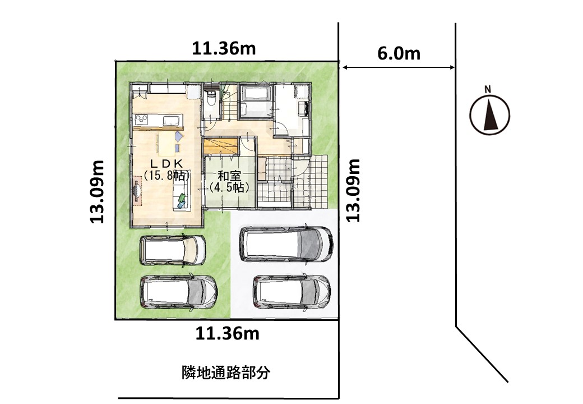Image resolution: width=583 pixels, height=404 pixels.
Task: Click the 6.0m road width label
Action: point(399,53)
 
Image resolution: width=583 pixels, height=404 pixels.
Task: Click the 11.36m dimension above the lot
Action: point(224,49)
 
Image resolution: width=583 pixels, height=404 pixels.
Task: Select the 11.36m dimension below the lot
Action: point(227,334)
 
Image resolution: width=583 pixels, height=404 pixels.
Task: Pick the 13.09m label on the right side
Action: point(353,190)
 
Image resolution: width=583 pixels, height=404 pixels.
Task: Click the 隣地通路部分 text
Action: point(226,373)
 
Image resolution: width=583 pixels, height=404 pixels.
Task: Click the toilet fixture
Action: point(211,99)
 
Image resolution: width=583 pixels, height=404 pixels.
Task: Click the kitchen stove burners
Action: point(141,120)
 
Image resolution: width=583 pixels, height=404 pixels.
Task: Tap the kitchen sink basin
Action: point(172,120)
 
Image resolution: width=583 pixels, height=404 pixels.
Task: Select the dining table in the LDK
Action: point(166,144)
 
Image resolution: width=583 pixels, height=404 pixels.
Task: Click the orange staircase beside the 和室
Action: point(220,145)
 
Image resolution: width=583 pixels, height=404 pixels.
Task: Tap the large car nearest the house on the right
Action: point(286,244)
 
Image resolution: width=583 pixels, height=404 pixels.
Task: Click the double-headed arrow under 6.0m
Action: point(398,67)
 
